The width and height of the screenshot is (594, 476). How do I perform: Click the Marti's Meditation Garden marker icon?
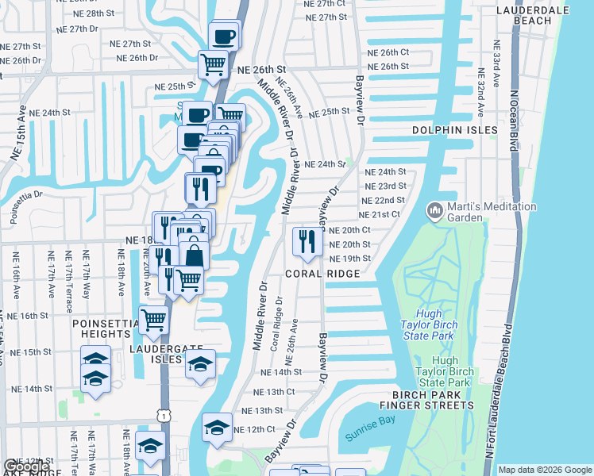tap(434, 210)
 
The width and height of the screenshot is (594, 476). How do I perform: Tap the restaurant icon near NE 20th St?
tap(306, 240)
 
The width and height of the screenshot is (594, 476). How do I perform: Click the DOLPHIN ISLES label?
tap(455, 130)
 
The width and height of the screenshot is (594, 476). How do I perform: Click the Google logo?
tap(25, 466)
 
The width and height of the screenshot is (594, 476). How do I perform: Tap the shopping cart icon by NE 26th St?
tap(213, 63)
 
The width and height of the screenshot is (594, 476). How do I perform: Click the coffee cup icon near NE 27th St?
tap(224, 36)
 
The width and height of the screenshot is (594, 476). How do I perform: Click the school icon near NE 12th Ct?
tap(217, 427)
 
